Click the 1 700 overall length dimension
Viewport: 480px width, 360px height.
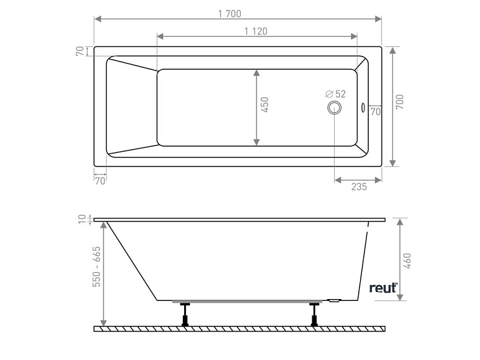point(230,14)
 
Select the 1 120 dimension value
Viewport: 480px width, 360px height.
point(256,31)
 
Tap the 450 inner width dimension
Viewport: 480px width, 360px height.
point(265,105)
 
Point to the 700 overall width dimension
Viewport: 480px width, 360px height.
point(400,102)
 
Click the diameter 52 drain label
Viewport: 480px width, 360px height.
point(335,94)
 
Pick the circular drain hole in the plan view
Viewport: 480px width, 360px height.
point(334,108)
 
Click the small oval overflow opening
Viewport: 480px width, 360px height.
point(363,107)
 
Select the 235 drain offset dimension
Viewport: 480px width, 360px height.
point(359,187)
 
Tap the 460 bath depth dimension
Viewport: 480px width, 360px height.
point(408,261)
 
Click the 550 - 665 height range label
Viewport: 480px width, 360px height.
point(97,267)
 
